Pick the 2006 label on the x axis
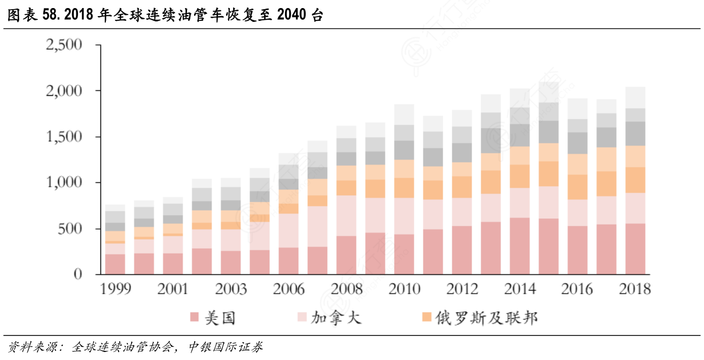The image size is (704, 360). [x=288, y=289]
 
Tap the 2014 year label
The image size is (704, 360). [x=519, y=289]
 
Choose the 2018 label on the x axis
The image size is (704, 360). [x=635, y=289]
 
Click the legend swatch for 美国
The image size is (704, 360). [x=194, y=318]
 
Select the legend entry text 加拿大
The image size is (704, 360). [x=336, y=318]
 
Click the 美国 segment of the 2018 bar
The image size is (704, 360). [x=635, y=249]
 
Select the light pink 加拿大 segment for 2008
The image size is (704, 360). [x=346, y=216]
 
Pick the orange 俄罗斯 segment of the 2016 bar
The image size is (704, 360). [x=577, y=187]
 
